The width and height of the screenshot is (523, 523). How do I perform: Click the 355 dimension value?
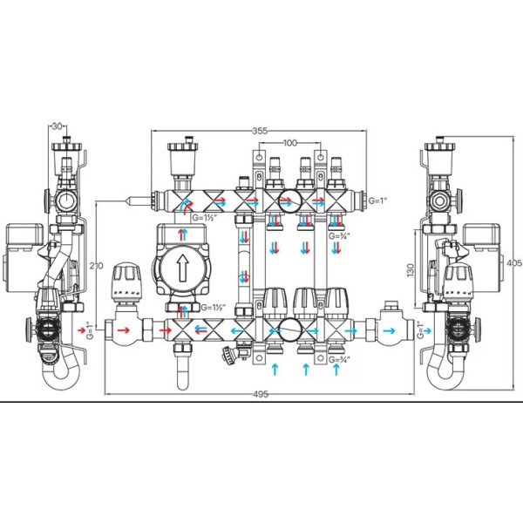pyautogui.click(x=260, y=131)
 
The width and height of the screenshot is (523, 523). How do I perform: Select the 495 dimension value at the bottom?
pyautogui.click(x=261, y=394)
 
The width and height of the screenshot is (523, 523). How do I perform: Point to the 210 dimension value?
pyautogui.click(x=97, y=266)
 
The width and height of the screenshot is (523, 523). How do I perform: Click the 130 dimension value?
pyautogui.click(x=411, y=270)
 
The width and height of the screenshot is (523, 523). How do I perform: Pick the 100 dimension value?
pyautogui.click(x=290, y=143)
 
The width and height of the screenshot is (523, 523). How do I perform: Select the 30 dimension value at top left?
pyautogui.click(x=58, y=126)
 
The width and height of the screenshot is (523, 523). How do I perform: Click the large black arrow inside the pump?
pyautogui.click(x=182, y=268)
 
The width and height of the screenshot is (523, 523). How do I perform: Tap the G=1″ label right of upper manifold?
pyautogui.click(x=377, y=200)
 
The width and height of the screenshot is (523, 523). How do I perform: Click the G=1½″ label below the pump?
pyautogui.click(x=213, y=307)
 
